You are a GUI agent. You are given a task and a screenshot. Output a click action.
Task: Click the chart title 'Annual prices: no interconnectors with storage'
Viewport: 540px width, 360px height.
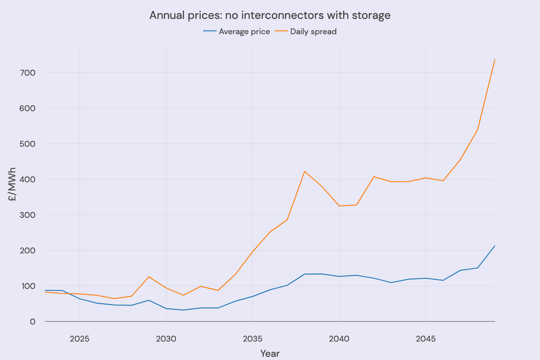(x=270, y=15)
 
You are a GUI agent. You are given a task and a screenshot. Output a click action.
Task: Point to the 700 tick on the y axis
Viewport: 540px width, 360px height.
(x=27, y=72)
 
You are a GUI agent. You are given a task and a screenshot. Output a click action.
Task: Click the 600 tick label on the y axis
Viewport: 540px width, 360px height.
(x=27, y=108)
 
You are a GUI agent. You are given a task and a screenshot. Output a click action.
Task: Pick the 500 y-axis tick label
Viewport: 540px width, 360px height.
(x=27, y=144)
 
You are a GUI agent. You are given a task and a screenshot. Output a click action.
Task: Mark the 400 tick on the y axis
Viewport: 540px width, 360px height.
(x=27, y=180)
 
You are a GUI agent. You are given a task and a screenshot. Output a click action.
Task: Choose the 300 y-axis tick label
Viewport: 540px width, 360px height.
(x=27, y=215)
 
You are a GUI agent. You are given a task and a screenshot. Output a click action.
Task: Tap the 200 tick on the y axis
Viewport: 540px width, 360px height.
(x=27, y=251)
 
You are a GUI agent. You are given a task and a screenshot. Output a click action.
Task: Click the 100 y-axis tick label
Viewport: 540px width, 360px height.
(x=27, y=286)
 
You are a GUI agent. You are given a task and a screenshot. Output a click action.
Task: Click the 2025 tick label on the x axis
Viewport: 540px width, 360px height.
(x=80, y=338)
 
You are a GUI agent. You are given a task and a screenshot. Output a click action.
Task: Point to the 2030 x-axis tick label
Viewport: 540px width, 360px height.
(x=166, y=338)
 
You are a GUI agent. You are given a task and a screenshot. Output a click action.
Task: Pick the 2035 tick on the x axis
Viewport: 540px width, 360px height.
(x=252, y=338)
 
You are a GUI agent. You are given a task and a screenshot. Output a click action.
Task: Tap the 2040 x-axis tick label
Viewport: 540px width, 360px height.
(x=339, y=338)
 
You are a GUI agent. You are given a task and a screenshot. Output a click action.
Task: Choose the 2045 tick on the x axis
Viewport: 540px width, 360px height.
(x=426, y=338)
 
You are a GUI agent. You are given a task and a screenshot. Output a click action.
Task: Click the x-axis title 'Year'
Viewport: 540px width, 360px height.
(x=270, y=354)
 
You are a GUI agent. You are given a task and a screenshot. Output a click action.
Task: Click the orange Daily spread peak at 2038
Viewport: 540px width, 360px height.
(x=305, y=171)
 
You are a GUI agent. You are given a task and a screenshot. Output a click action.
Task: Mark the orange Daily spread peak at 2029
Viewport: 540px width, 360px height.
(x=149, y=277)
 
